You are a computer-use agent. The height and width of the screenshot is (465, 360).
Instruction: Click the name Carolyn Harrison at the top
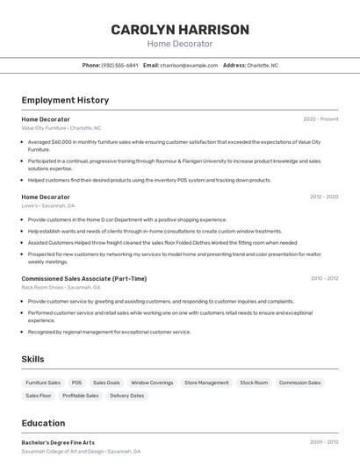[x=179, y=30]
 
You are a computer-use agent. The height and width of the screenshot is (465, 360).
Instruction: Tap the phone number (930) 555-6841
[x=119, y=65]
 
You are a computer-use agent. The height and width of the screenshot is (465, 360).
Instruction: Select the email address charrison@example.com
[x=189, y=65]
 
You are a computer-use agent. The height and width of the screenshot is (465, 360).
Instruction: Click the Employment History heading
[x=65, y=100]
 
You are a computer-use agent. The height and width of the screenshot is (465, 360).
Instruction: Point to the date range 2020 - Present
[x=320, y=118]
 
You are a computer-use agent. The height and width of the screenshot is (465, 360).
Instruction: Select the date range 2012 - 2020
[x=323, y=197]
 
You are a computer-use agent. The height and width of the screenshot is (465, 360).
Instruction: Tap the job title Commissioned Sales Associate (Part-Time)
[x=83, y=278]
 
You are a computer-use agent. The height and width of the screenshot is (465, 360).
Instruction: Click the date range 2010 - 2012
[x=323, y=278]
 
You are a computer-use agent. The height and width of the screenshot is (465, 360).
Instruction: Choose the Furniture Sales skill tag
[x=43, y=383]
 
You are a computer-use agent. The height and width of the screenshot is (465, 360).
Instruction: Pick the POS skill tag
[x=77, y=383]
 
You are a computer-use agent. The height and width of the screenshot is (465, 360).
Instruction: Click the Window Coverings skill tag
[x=152, y=383]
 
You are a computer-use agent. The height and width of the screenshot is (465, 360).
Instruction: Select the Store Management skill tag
[x=206, y=383]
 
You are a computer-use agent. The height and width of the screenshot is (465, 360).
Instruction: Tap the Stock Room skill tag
[x=254, y=383]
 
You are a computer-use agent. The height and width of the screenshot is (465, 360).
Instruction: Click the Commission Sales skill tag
[x=299, y=383]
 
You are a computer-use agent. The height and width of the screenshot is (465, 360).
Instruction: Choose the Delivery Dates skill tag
[x=126, y=396]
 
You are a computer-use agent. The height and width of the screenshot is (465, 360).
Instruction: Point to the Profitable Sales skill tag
[x=80, y=396]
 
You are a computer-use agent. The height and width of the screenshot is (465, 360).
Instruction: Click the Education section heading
[x=43, y=423]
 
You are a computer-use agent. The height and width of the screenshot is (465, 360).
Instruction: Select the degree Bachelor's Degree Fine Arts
[x=58, y=442]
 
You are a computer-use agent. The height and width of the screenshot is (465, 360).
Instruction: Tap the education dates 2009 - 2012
[x=323, y=442]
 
